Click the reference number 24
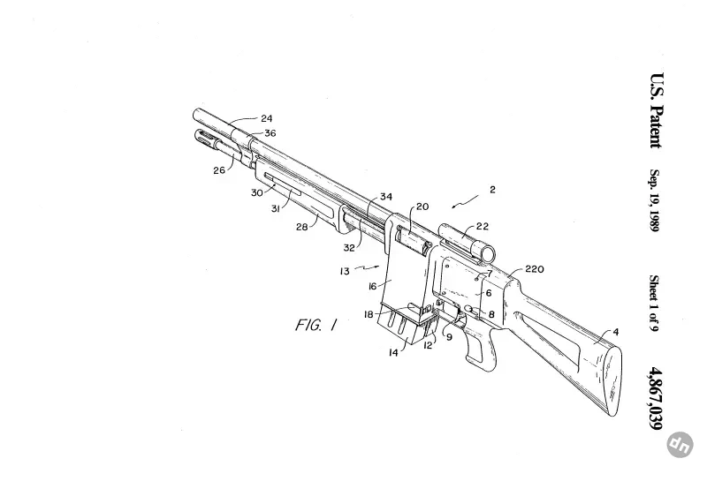267,118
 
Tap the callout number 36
270,133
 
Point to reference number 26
219,170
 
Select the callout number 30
257,192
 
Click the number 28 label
301,227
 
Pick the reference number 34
386,196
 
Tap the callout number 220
535,269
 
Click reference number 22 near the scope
483,226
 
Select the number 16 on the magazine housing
372,287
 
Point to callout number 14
393,353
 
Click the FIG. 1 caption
316,325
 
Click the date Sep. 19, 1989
655,200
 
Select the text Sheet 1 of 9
654,303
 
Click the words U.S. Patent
656,110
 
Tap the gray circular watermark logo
680,445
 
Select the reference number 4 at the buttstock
616,333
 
